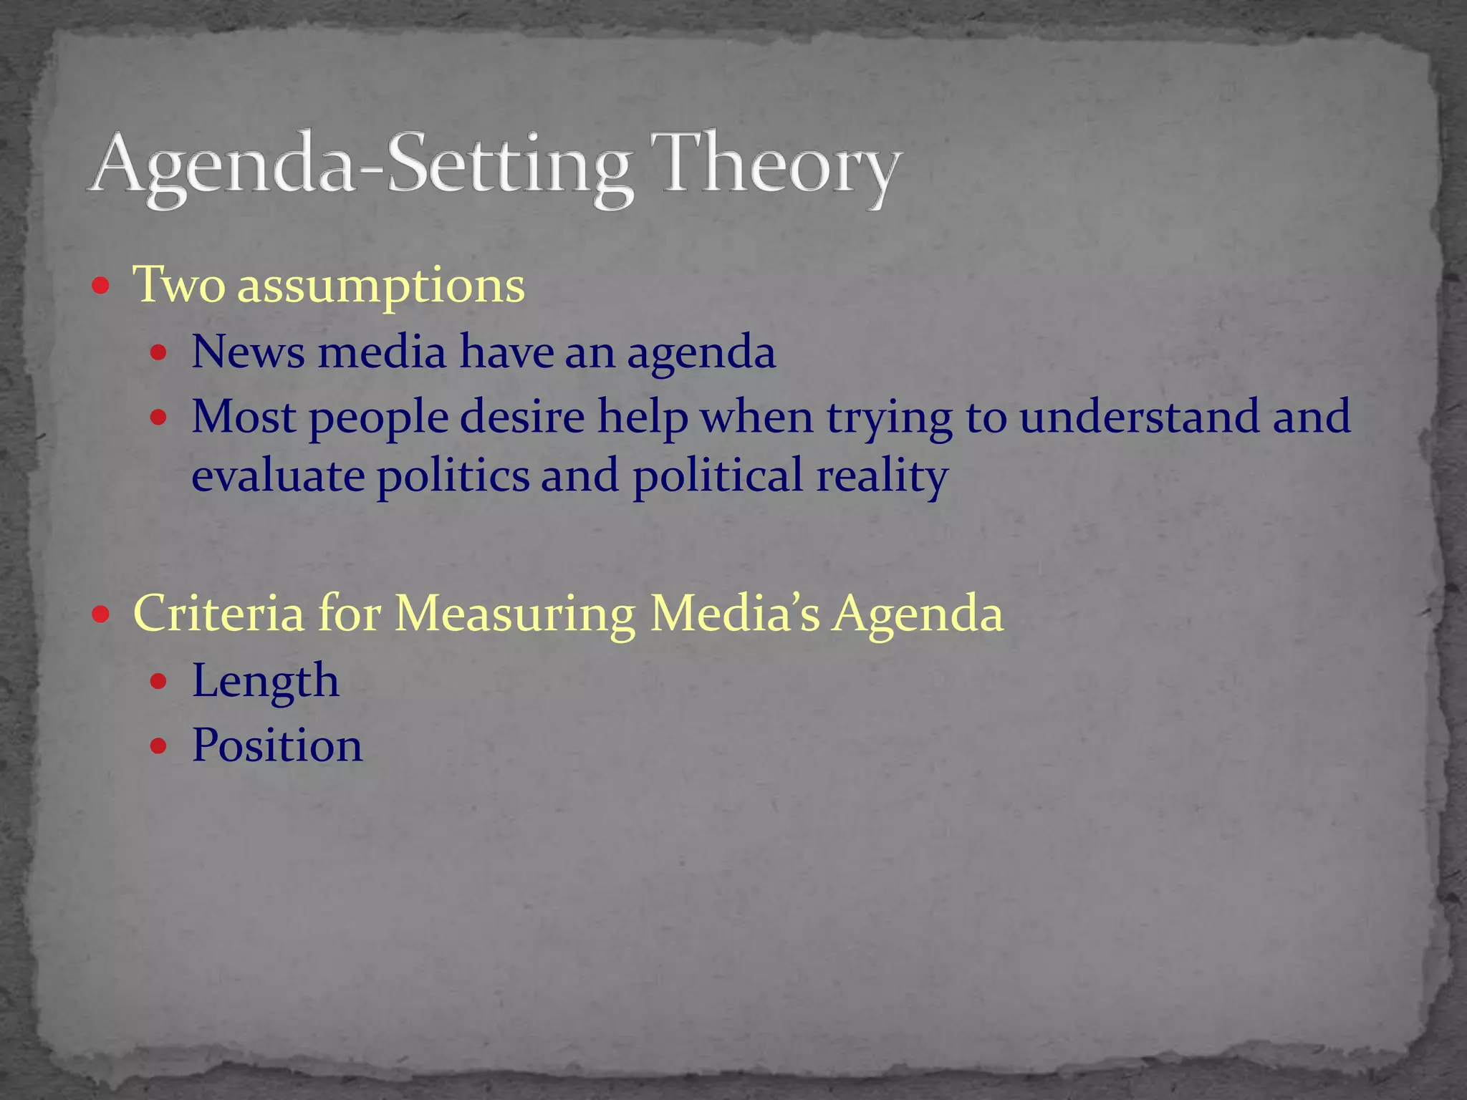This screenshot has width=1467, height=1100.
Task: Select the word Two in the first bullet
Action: pos(179,285)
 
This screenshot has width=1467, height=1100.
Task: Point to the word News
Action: pos(248,352)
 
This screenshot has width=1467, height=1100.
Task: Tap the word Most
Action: pos(244,416)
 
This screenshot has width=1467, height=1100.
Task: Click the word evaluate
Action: pos(278,476)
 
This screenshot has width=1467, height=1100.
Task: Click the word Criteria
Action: pos(218,613)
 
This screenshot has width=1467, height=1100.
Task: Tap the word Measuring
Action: pos(514,614)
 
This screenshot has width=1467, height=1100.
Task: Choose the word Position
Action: pos(277,746)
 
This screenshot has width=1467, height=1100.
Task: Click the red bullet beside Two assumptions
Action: pos(101,286)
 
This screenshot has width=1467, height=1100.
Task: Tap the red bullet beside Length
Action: pos(159,681)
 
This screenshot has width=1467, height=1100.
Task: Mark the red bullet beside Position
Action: pos(159,746)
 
